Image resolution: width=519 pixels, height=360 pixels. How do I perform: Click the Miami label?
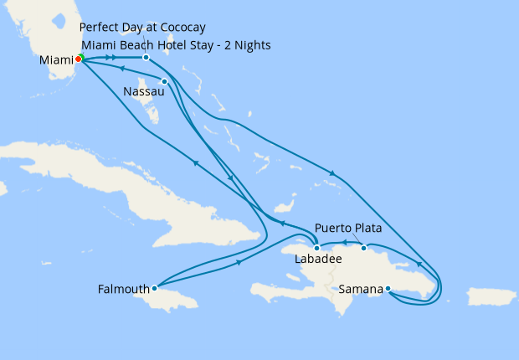pyautogui.click(x=55, y=60)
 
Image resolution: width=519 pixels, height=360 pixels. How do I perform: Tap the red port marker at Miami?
pyautogui.click(x=78, y=59)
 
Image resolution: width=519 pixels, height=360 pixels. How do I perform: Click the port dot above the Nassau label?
pyautogui.click(x=165, y=81)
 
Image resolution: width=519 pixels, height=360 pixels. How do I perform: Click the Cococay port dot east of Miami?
pyautogui.click(x=146, y=57)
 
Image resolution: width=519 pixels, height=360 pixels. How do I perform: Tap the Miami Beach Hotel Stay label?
pyautogui.click(x=176, y=44)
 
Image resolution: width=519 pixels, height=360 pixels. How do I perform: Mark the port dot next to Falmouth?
pyautogui.click(x=154, y=288)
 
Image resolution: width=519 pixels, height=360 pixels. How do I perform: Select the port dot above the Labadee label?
pyautogui.click(x=316, y=248)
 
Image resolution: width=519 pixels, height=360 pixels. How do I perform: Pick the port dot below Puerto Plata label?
pyautogui.click(x=363, y=248)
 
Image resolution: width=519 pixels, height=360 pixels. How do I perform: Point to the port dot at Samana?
pyautogui.click(x=388, y=289)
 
